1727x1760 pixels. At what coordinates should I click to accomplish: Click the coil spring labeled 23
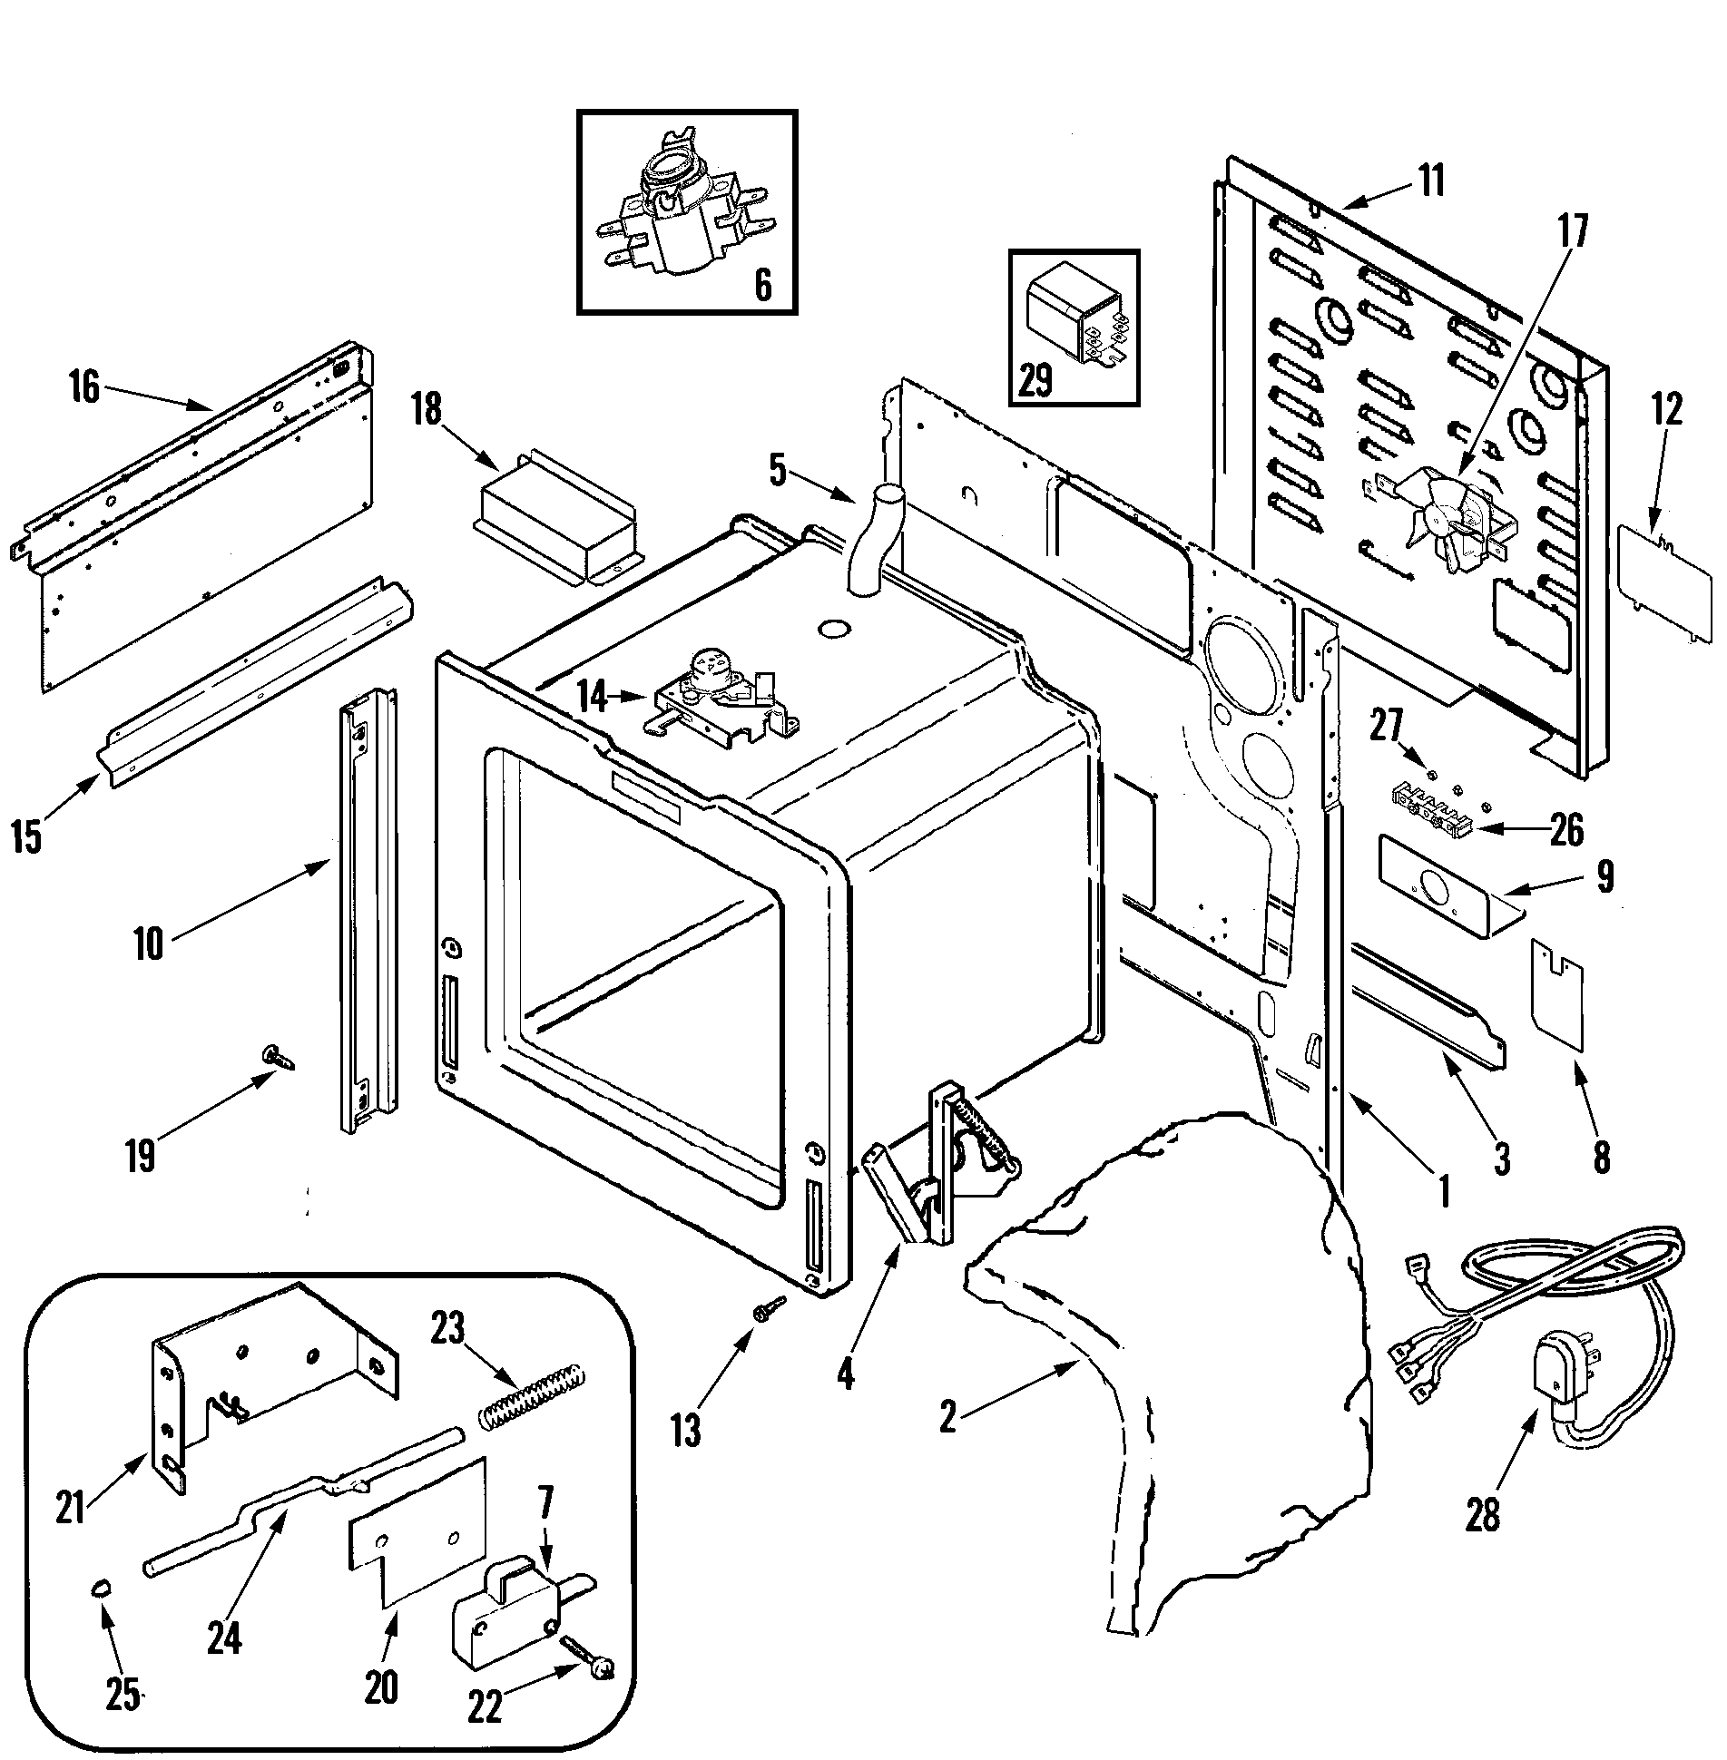[x=532, y=1401]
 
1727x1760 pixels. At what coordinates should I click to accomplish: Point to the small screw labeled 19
[x=274, y=1057]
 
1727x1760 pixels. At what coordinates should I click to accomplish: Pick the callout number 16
[x=83, y=389]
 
